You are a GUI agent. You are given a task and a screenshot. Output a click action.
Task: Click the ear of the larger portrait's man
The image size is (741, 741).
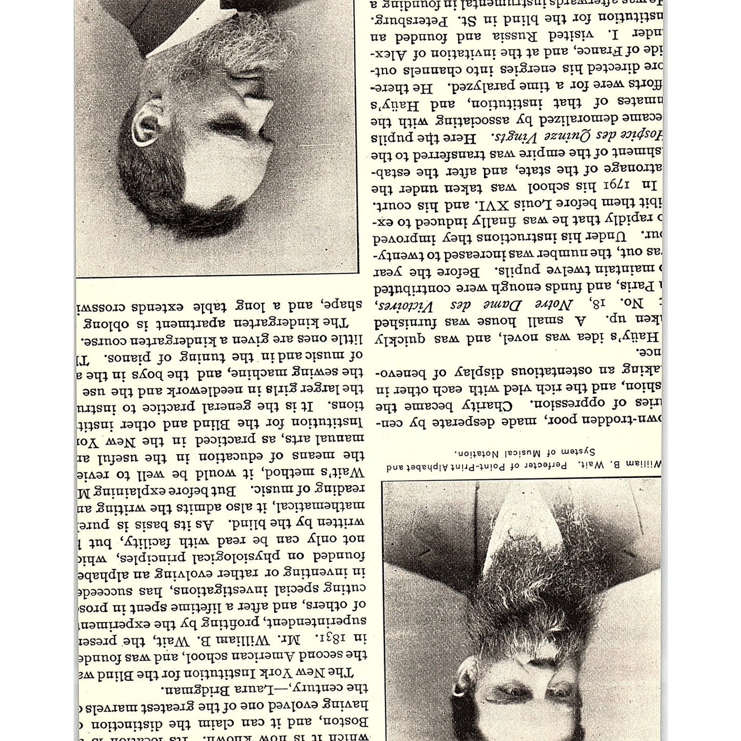point(145,123)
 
